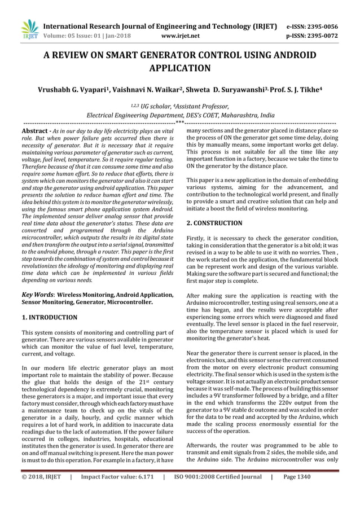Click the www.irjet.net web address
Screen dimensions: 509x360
(180, 36)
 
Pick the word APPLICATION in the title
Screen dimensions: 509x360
(179, 69)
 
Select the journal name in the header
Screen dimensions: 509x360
(160, 27)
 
